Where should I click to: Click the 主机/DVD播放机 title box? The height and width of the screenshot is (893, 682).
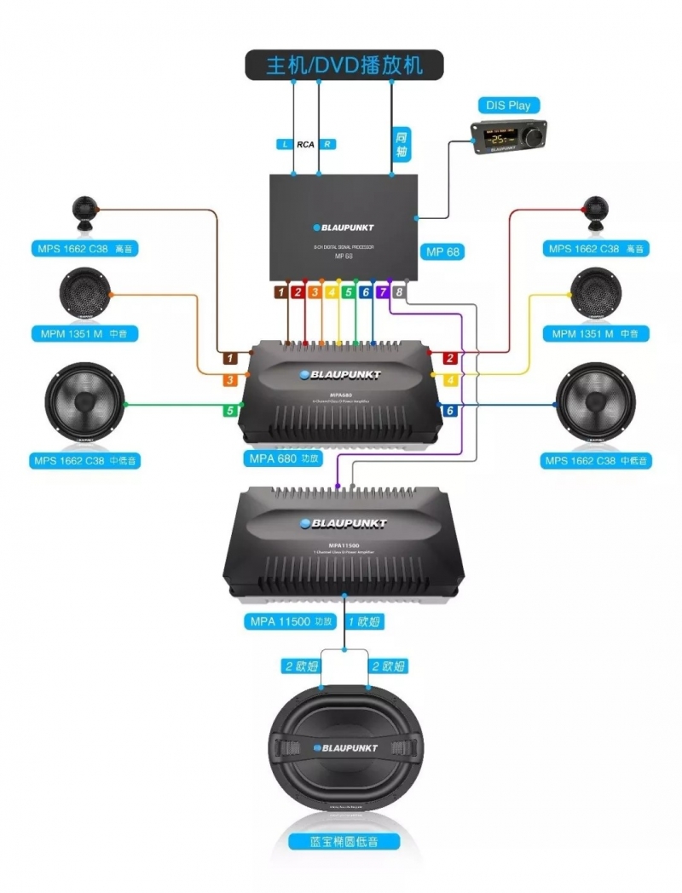[344, 65]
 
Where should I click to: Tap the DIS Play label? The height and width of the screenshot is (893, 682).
[508, 106]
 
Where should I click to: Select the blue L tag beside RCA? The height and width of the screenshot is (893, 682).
[286, 144]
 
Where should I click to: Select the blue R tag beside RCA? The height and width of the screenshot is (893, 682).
[327, 144]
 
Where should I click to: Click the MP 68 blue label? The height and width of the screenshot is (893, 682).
[442, 251]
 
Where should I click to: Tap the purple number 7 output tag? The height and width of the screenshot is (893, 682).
[382, 292]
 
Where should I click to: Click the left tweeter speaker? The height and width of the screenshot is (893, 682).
[85, 211]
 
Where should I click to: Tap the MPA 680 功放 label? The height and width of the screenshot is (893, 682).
[286, 458]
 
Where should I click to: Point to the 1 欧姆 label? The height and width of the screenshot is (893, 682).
[365, 621]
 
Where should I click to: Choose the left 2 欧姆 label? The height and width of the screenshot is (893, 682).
[300, 665]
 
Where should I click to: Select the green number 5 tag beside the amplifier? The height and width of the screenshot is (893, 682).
[229, 411]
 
